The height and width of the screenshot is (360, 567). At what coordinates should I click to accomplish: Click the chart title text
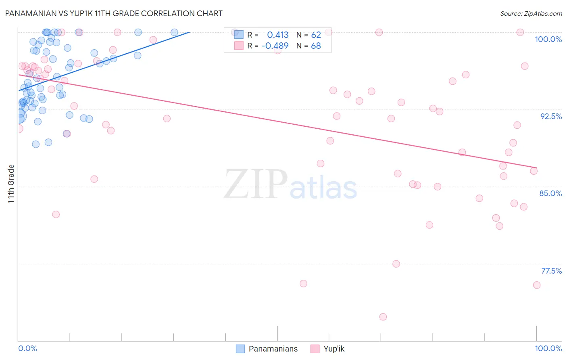[113, 13]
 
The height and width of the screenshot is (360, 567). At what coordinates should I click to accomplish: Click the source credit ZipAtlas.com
[531, 13]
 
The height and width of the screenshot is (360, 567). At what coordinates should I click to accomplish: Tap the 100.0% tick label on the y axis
[548, 39]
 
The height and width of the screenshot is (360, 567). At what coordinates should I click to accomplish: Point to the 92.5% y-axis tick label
[551, 116]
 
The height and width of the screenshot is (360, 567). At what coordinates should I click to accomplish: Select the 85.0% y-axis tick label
[550, 193]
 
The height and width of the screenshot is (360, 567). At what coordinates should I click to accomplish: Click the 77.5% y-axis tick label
[551, 271]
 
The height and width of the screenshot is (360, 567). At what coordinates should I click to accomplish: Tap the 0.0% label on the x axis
[27, 348]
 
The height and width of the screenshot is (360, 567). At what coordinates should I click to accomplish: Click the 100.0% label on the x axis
[548, 348]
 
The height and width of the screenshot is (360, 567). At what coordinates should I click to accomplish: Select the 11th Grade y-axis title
[11, 184]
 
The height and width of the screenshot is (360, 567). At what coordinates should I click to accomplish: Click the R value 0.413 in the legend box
[278, 35]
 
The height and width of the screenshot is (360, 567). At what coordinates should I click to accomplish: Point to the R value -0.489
[275, 46]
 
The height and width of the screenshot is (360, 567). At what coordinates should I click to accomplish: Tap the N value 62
[316, 35]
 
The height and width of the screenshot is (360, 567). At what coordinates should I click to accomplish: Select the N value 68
[316, 46]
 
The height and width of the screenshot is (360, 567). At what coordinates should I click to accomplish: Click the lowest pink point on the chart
[383, 317]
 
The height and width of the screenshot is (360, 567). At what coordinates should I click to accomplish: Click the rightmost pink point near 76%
[537, 285]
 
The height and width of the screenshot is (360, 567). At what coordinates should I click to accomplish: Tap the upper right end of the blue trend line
[189, 32]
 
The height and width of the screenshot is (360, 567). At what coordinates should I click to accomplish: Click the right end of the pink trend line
[537, 167]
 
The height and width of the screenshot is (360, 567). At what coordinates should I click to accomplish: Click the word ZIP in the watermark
[256, 184]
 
